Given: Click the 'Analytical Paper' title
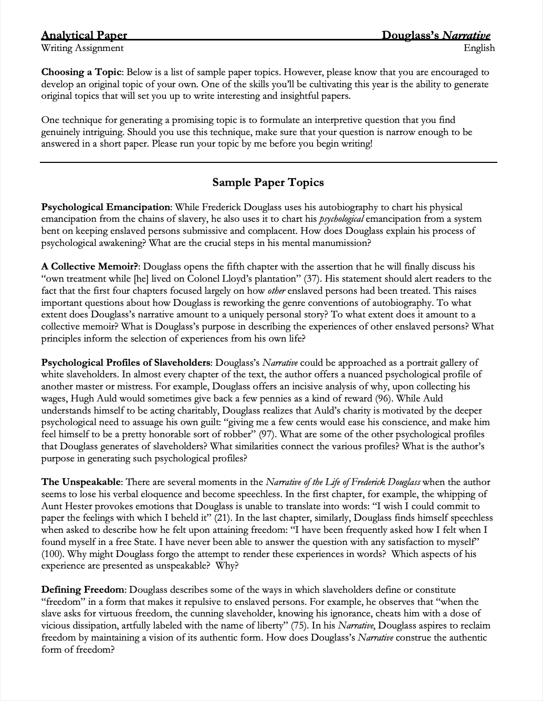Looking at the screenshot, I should click(x=84, y=36).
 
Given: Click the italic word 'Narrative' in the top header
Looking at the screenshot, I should click(x=466, y=36).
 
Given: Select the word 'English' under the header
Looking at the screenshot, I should click(x=479, y=48).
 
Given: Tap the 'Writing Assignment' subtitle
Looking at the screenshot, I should click(x=82, y=48).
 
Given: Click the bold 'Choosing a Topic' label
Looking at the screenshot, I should click(x=81, y=73).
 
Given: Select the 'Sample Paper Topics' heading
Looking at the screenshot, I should click(x=268, y=182).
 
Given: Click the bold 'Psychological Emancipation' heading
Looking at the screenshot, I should click(x=106, y=207).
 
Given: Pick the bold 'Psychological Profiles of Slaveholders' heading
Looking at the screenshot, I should click(x=126, y=363).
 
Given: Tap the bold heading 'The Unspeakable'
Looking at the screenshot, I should click(x=81, y=482).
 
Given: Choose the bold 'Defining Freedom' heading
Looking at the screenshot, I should click(x=83, y=590).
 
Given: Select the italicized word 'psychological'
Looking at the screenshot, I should click(x=341, y=219).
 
